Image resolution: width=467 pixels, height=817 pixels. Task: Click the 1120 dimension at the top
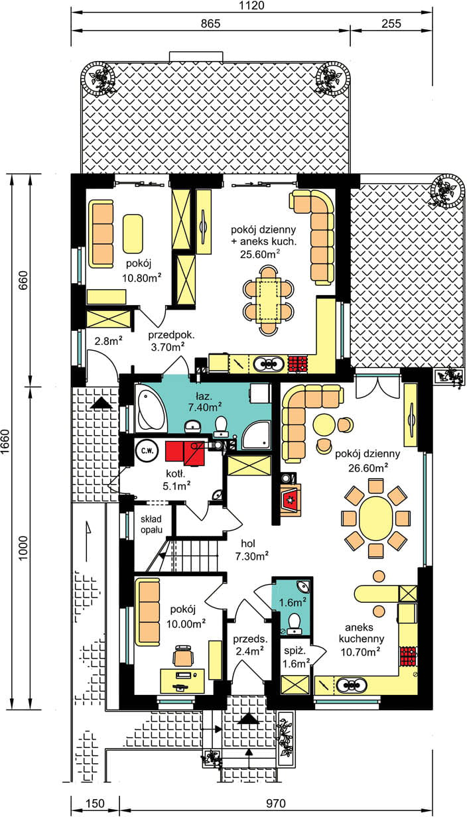(252, 5)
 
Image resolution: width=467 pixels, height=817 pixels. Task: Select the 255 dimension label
(391, 24)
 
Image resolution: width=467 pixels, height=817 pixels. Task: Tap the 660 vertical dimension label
(23, 280)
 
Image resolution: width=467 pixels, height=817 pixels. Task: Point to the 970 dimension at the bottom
(275, 804)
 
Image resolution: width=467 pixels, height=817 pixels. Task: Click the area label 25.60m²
(260, 254)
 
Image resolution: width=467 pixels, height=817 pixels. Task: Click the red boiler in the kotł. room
(184, 454)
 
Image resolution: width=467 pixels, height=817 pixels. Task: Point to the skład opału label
(151, 524)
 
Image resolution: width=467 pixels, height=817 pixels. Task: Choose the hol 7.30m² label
(251, 550)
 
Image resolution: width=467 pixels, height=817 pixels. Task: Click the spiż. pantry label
(295, 651)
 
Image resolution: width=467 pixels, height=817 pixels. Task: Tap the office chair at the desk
(183, 656)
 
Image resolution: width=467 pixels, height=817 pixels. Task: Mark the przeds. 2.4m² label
(250, 645)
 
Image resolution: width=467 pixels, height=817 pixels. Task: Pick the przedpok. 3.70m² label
(171, 341)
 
